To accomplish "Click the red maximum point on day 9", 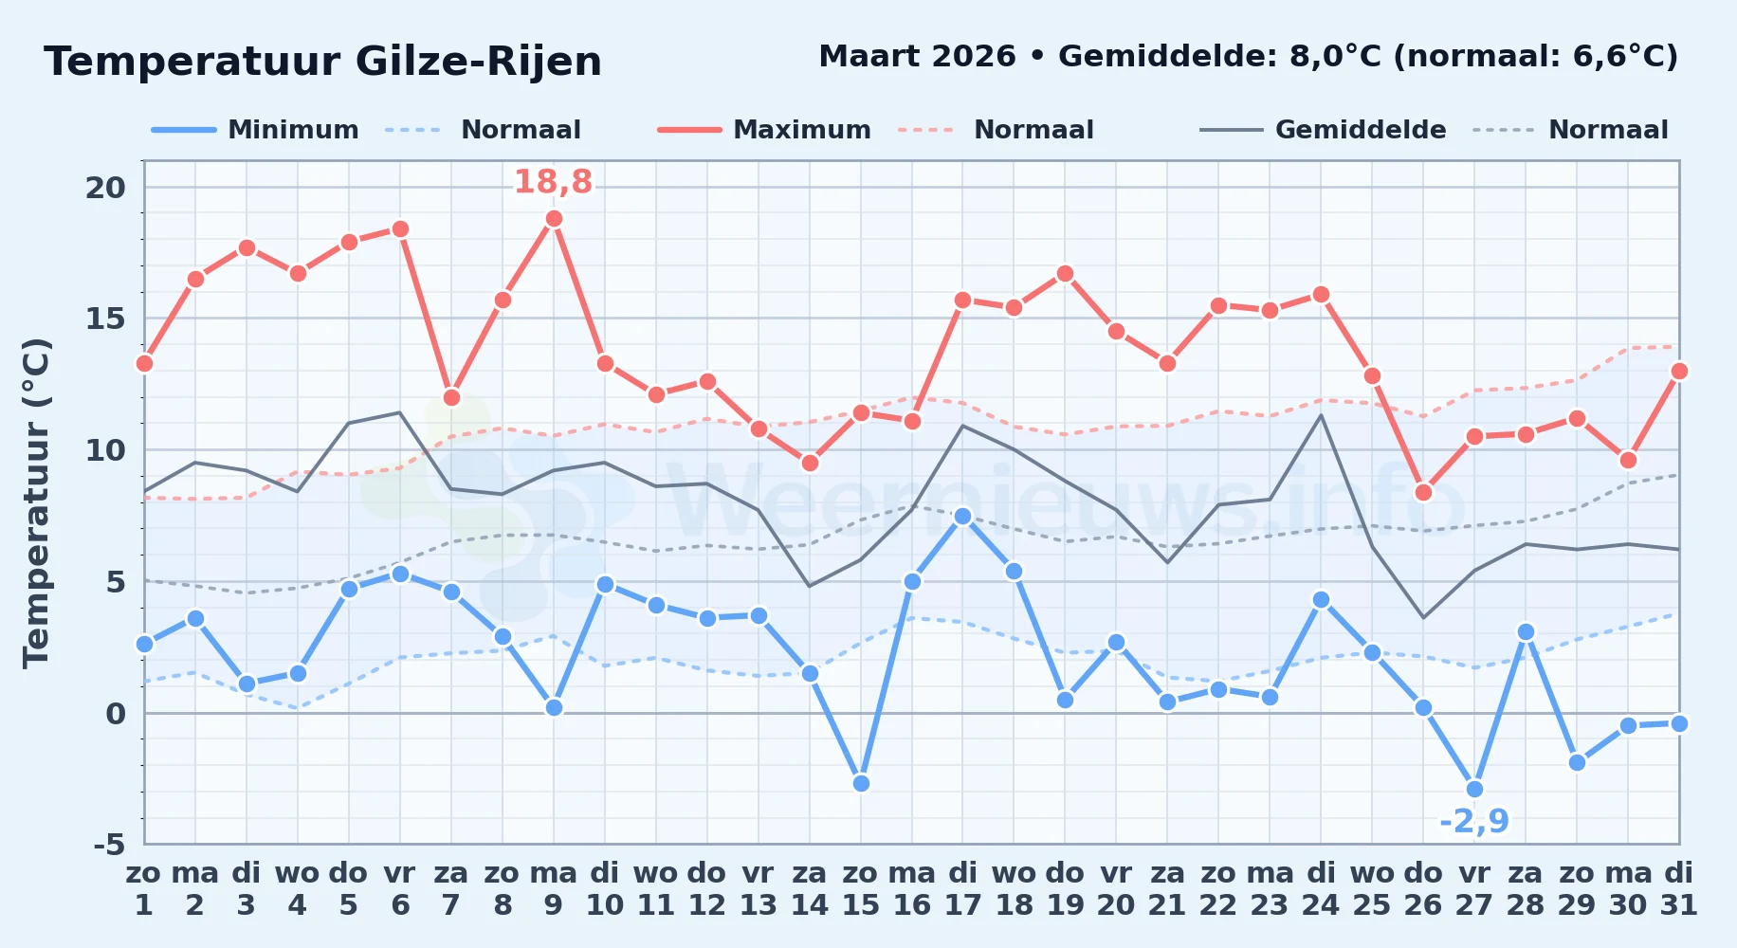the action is pyautogui.click(x=554, y=219).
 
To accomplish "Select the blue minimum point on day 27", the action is pyautogui.click(x=1474, y=789).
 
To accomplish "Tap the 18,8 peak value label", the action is pyautogui.click(x=553, y=182).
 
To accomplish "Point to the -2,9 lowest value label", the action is pyautogui.click(x=1474, y=821).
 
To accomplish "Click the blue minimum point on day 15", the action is pyautogui.click(x=861, y=783).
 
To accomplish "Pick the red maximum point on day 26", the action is pyautogui.click(x=1423, y=492).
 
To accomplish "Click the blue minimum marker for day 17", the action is pyautogui.click(x=962, y=516).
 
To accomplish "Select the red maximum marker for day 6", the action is pyautogui.click(x=400, y=229).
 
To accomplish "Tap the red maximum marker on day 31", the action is pyautogui.click(x=1679, y=371).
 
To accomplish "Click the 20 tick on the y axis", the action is pyautogui.click(x=105, y=188).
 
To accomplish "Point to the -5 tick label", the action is pyautogui.click(x=109, y=844).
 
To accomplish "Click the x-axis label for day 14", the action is pyautogui.click(x=810, y=889).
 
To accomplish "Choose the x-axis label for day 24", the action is pyautogui.click(x=1321, y=889).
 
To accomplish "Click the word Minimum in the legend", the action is pyautogui.click(x=293, y=130).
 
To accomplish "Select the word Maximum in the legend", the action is pyautogui.click(x=802, y=130).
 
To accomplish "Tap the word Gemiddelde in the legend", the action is pyautogui.click(x=1361, y=130).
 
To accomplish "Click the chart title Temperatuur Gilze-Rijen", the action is pyautogui.click(x=322, y=62).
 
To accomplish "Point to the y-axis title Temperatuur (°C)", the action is pyautogui.click(x=36, y=502).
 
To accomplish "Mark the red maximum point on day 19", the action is pyautogui.click(x=1065, y=274).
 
